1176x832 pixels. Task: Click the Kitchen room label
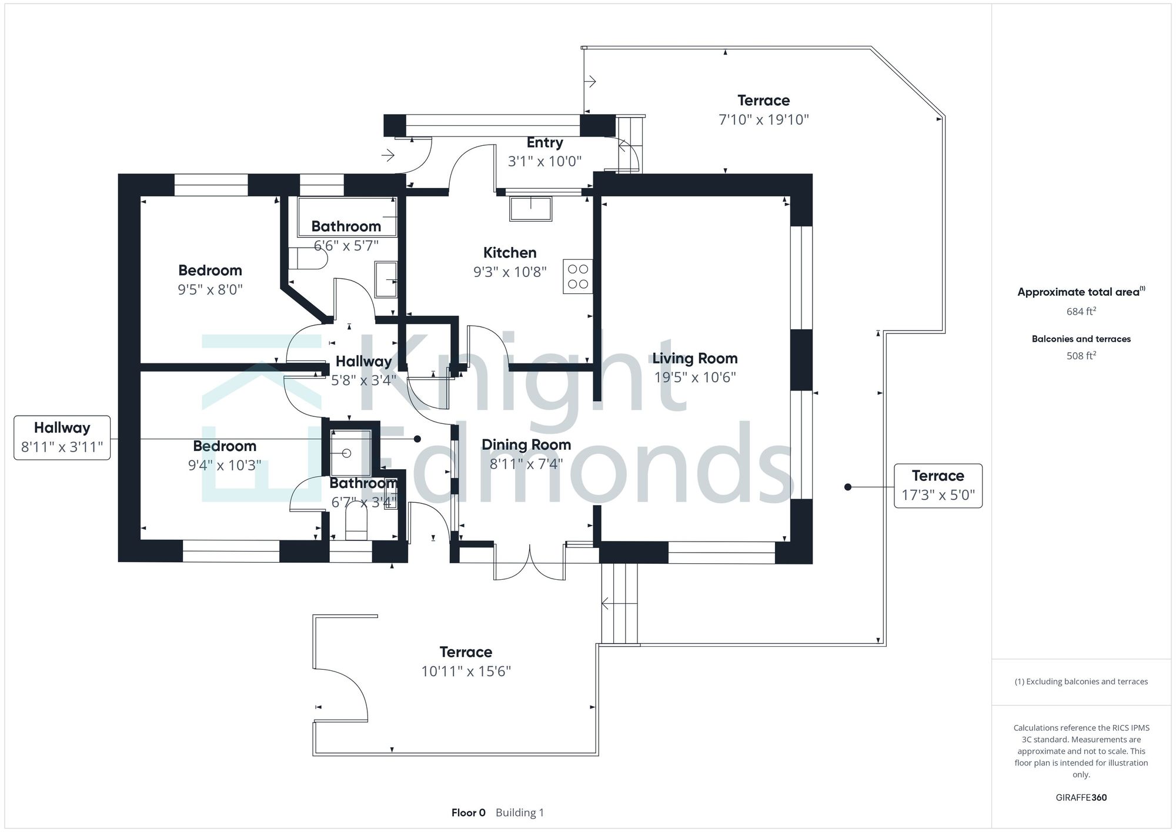click(509, 253)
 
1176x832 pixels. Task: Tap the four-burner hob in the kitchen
click(577, 276)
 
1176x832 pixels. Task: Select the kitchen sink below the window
click(530, 209)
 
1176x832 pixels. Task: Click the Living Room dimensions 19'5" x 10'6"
click(694, 377)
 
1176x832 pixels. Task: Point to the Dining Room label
click(526, 445)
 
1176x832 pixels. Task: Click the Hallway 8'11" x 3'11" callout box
click(62, 437)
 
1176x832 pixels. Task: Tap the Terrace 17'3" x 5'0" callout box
click(937, 485)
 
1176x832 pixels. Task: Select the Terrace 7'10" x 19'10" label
click(763, 110)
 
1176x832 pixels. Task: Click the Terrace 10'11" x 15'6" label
click(466, 661)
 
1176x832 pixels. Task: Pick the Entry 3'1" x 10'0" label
click(544, 152)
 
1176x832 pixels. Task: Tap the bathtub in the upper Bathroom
click(347, 216)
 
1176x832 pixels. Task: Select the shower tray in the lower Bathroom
click(350, 452)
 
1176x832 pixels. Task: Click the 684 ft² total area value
click(1081, 312)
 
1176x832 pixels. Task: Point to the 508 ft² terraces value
click(1081, 356)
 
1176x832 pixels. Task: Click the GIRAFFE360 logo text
click(1081, 798)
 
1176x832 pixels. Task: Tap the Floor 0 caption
click(468, 813)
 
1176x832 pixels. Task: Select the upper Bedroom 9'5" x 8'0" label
click(210, 280)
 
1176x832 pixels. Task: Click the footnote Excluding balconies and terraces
click(1081, 681)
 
